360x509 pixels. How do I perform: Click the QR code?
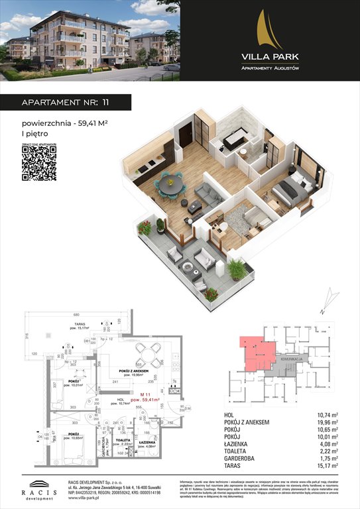click(38, 163)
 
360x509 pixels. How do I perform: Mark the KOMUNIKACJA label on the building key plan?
click(292, 359)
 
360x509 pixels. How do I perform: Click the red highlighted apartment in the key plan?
click(259, 351)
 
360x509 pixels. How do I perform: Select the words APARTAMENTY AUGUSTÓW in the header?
click(269, 68)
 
